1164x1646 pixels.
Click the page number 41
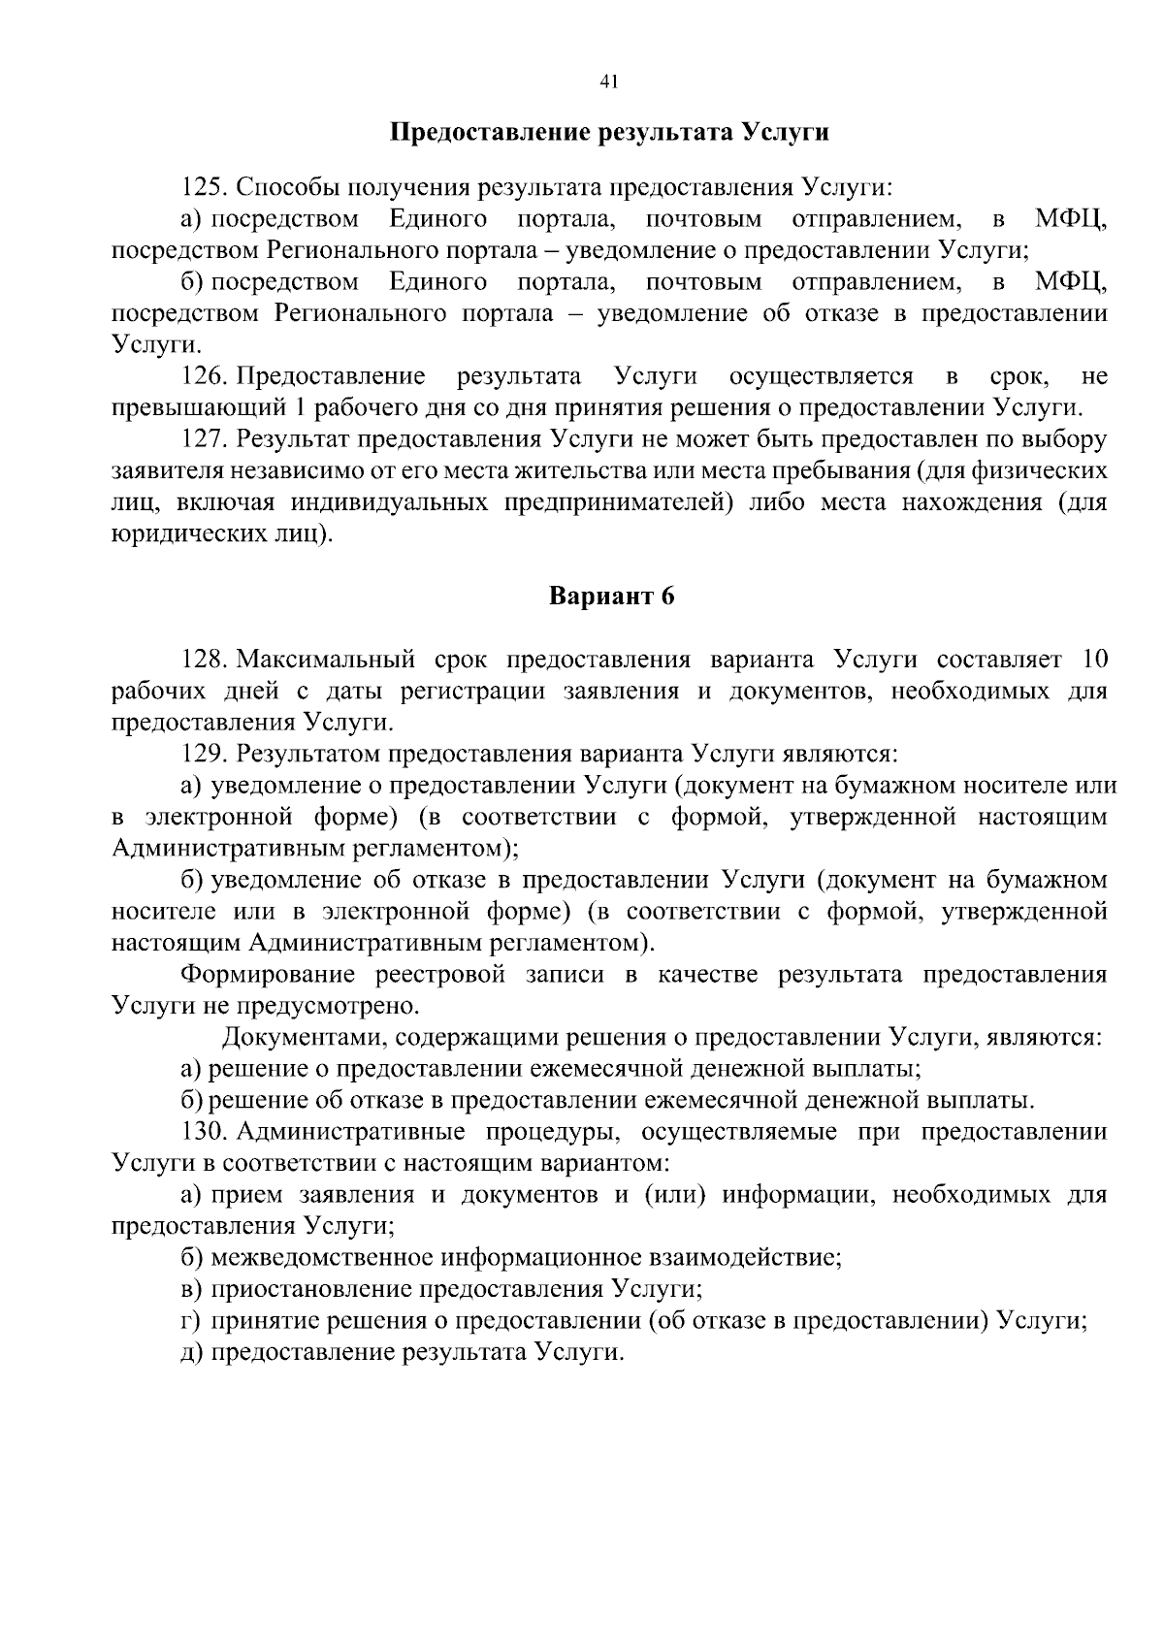pos(609,82)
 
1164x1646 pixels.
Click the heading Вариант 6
pos(611,597)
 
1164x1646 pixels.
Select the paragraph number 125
pos(204,187)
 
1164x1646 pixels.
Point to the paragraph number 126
pos(204,376)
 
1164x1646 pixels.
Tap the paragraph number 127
pos(204,439)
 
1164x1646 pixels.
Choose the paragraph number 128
pos(204,661)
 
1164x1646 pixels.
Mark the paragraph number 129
pos(204,754)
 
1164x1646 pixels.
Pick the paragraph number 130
pos(204,1132)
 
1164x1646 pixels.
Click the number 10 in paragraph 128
pos(1093,661)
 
